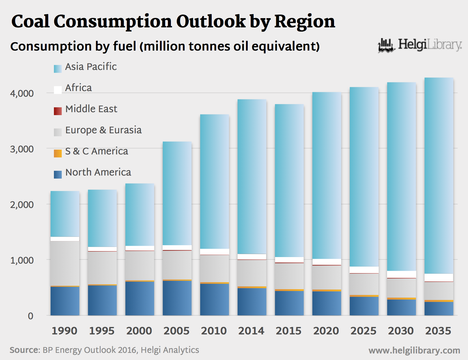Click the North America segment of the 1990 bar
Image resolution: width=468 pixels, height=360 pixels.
pyautogui.click(x=65, y=301)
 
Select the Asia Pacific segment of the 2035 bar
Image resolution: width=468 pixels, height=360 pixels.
pyautogui.click(x=439, y=176)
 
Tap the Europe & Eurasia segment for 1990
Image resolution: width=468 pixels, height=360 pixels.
pyautogui.click(x=65, y=263)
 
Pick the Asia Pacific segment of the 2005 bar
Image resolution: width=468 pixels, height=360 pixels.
pyautogui.click(x=177, y=193)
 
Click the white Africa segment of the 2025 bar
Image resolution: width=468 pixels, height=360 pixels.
pyautogui.click(x=364, y=270)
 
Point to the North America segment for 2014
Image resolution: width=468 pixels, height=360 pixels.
pyautogui.click(x=252, y=301)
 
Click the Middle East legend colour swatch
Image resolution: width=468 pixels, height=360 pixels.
pyautogui.click(x=58, y=111)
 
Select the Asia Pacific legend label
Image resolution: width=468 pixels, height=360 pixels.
pyautogui.click(x=91, y=67)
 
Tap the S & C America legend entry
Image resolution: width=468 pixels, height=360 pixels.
pyautogui.click(x=96, y=151)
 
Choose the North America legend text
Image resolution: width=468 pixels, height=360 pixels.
pyautogui.click(x=98, y=172)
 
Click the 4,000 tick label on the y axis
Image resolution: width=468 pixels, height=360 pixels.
pyautogui.click(x=22, y=93)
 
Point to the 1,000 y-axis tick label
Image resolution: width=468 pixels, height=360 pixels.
pyautogui.click(x=22, y=260)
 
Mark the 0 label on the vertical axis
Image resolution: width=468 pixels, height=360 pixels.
pyautogui.click(x=30, y=316)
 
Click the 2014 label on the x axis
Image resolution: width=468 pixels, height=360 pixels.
pyautogui.click(x=251, y=331)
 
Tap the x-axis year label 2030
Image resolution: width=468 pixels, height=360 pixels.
pyautogui.click(x=401, y=331)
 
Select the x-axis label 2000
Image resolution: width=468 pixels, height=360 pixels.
pyautogui.click(x=139, y=331)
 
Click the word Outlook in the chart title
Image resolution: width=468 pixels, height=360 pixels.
pyautogui.click(x=211, y=21)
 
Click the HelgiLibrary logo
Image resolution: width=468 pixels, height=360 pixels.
pyautogui.click(x=420, y=45)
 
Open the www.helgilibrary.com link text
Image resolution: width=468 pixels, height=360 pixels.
pyautogui.click(x=414, y=350)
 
